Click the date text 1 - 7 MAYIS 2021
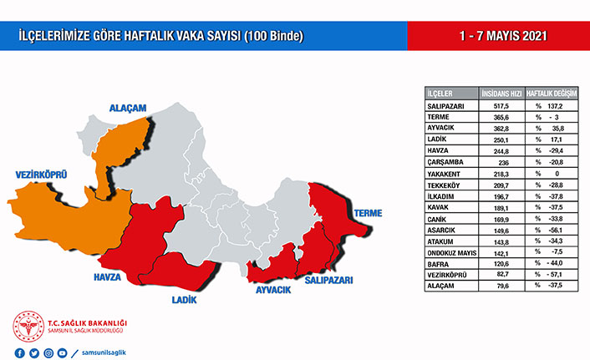point(499,38)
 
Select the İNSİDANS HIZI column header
point(503,93)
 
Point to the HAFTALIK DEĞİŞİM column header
point(552,93)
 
